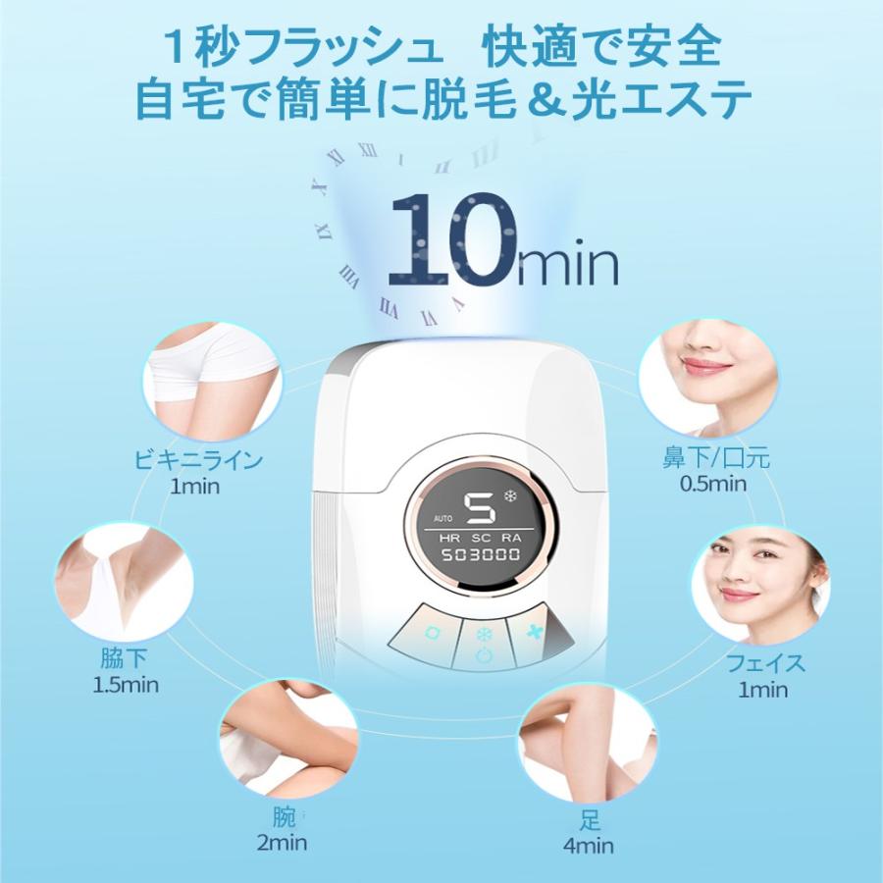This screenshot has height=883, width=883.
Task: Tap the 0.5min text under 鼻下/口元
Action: pyautogui.click(x=712, y=483)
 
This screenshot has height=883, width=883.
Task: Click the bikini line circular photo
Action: pyautogui.click(x=210, y=377)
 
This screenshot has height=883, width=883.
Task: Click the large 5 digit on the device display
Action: pyautogui.click(x=480, y=509)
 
